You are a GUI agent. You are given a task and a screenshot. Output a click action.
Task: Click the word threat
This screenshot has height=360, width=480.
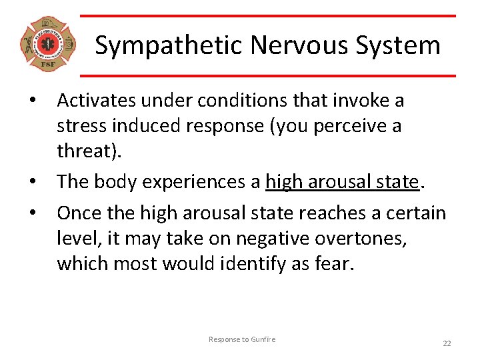85,151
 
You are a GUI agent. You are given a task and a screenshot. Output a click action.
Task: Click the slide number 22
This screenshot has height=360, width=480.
447,343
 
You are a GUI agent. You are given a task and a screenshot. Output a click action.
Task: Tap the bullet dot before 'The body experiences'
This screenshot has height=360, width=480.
31,182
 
